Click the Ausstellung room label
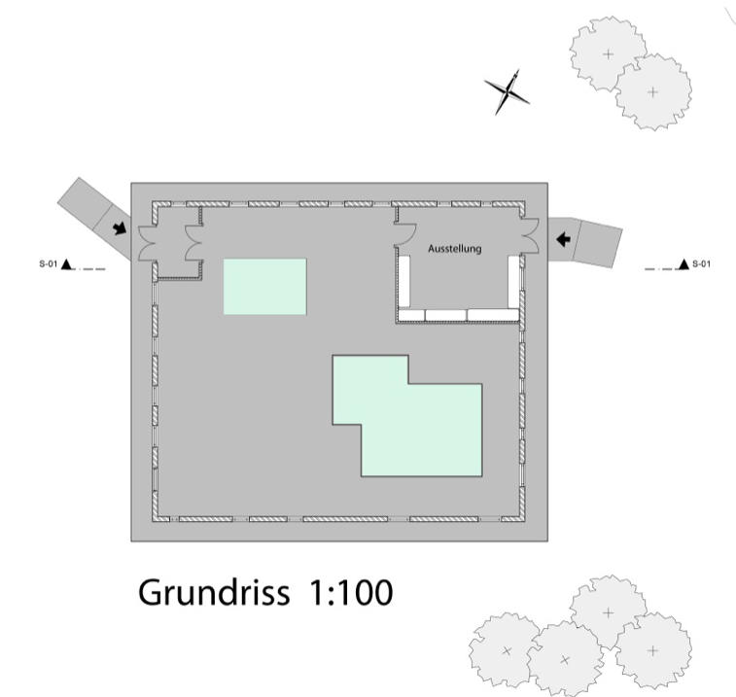[x=454, y=248]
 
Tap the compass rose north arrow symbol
[x=507, y=92]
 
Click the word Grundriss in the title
[x=214, y=592]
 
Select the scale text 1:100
[x=350, y=592]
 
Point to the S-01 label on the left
[x=48, y=263]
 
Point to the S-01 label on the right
[x=701, y=263]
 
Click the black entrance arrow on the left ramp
[x=120, y=228]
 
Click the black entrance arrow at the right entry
[x=563, y=240]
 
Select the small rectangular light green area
[x=265, y=287]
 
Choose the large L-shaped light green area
[x=413, y=423]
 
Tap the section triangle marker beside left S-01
[x=67, y=264]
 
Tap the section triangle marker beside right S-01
[x=683, y=264]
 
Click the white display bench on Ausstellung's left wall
[x=404, y=281]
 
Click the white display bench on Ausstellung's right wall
[x=513, y=281]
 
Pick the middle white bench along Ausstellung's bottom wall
[x=446, y=315]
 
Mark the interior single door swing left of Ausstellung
[x=405, y=234]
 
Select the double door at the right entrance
[x=530, y=235]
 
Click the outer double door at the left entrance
[x=147, y=243]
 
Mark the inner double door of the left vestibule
[x=193, y=243]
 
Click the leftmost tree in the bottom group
[x=506, y=650]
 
